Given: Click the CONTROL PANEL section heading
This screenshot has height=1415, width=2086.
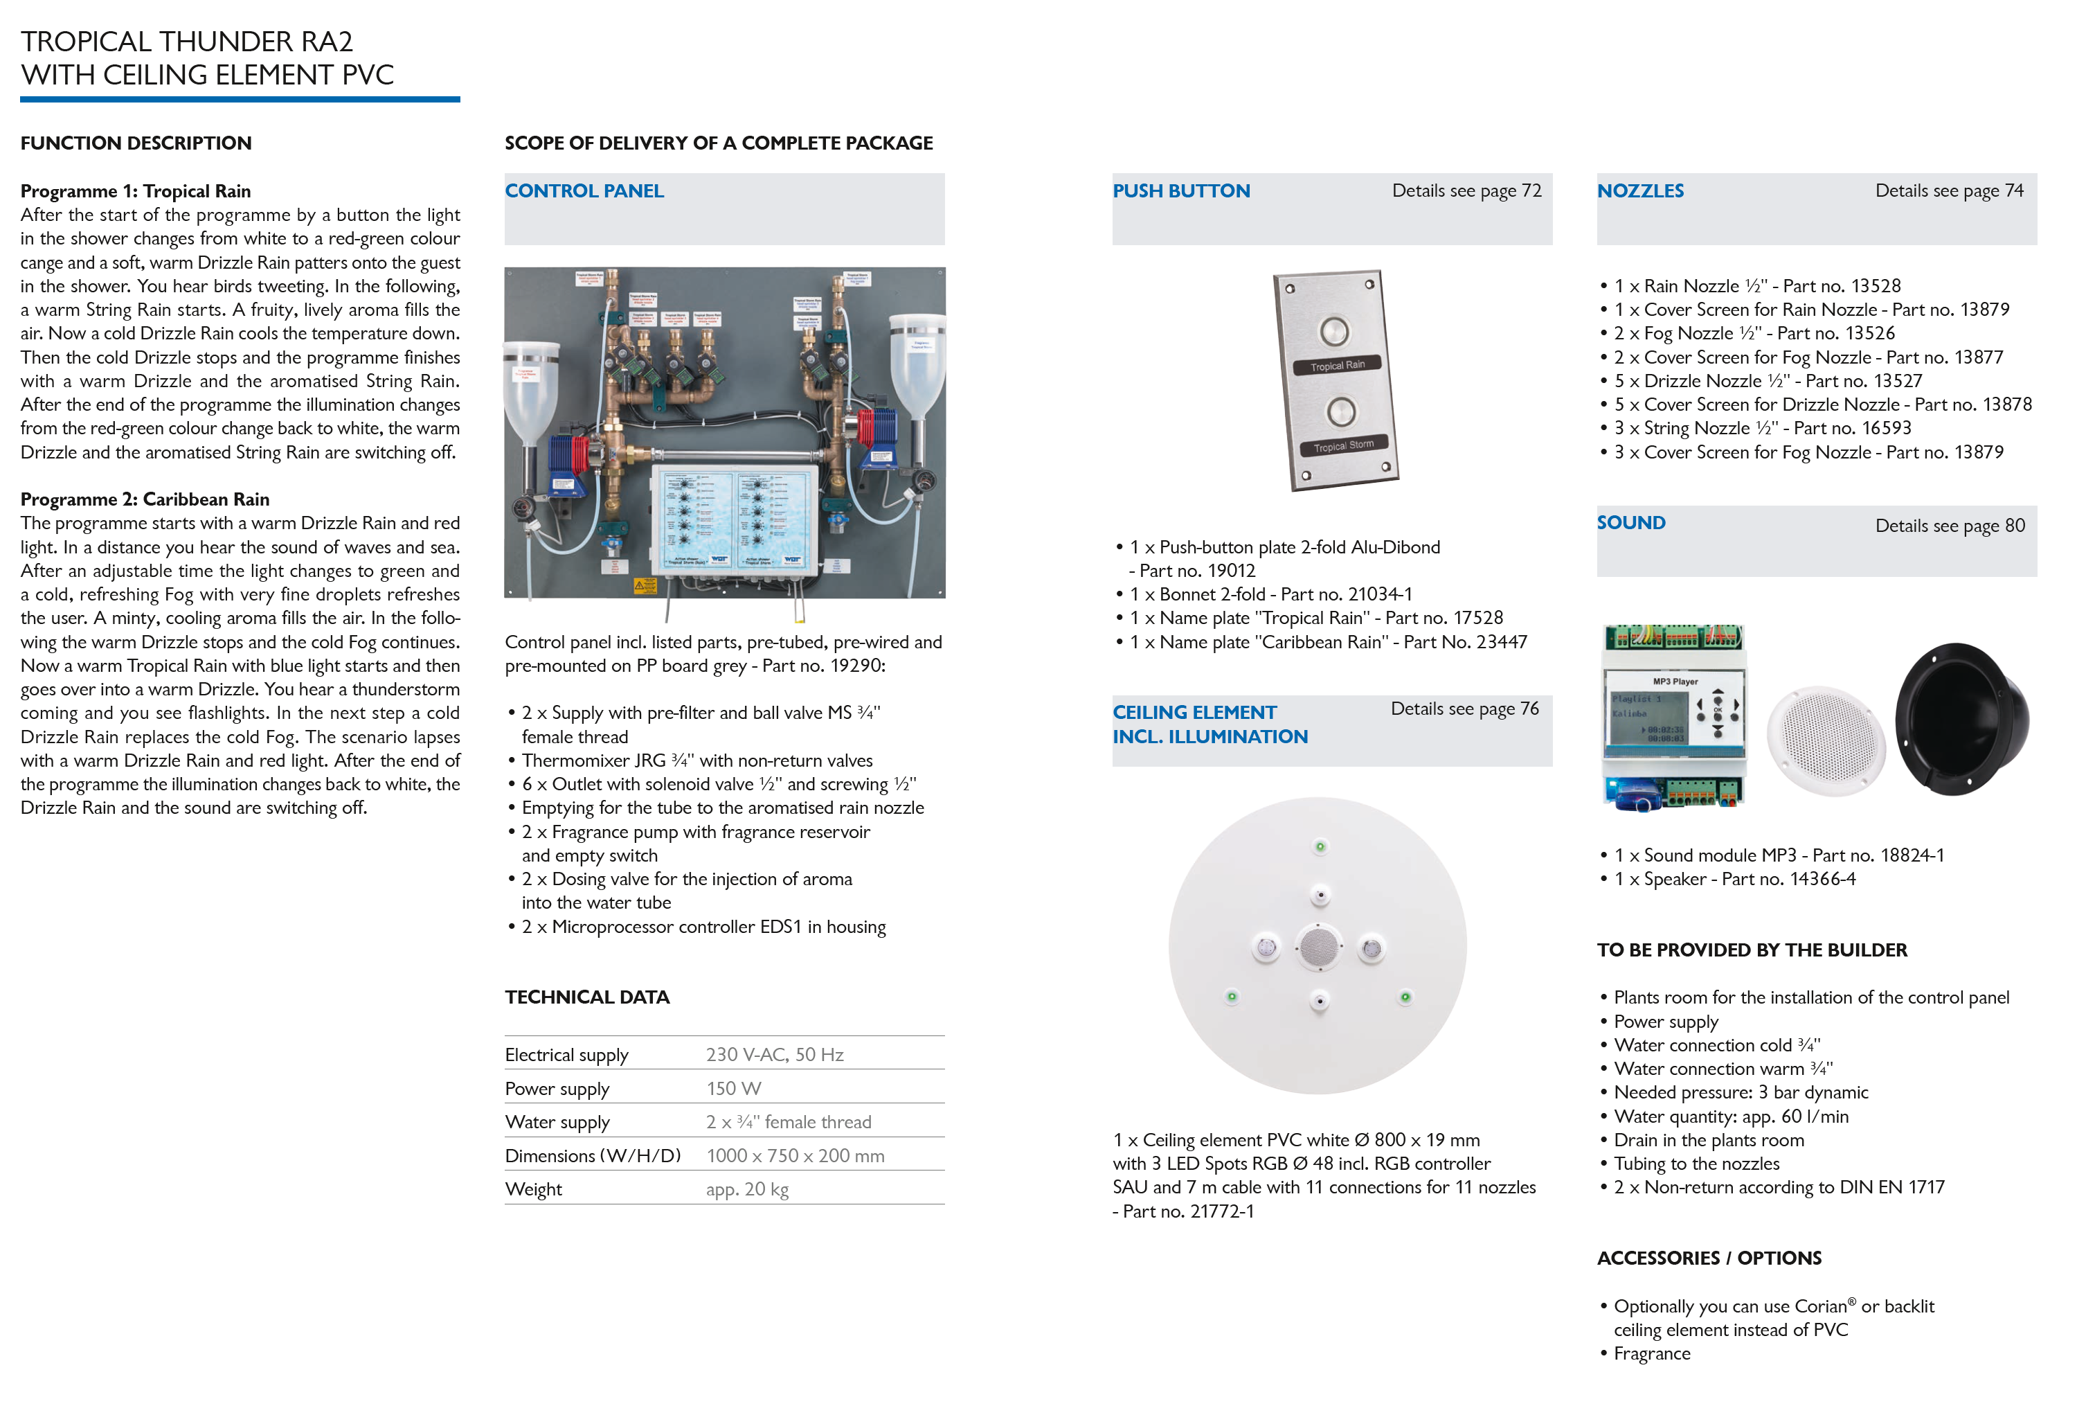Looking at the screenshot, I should click(x=584, y=191).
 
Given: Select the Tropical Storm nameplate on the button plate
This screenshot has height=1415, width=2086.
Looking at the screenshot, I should click(x=1343, y=446).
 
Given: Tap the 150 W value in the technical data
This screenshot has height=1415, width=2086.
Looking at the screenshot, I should click(x=732, y=1089).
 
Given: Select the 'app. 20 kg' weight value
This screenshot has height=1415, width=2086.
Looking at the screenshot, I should click(x=747, y=1190).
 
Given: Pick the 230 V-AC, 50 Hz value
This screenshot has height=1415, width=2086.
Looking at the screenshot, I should click(x=774, y=1055).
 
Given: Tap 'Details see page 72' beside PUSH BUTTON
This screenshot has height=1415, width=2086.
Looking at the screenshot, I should click(x=1466, y=191).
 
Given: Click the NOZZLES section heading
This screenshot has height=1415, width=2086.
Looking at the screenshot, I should click(x=1640, y=191).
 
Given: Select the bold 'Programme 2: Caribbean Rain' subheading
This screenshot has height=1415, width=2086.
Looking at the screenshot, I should click(x=145, y=499).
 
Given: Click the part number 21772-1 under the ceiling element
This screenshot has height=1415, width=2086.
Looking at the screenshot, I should click(x=1221, y=1211).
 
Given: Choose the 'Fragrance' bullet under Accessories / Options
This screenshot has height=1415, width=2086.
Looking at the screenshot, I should click(x=1652, y=1354).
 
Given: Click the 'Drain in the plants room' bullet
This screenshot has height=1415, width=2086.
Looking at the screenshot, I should click(x=1708, y=1140).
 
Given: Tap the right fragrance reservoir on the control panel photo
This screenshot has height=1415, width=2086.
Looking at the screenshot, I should click(x=917, y=364).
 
